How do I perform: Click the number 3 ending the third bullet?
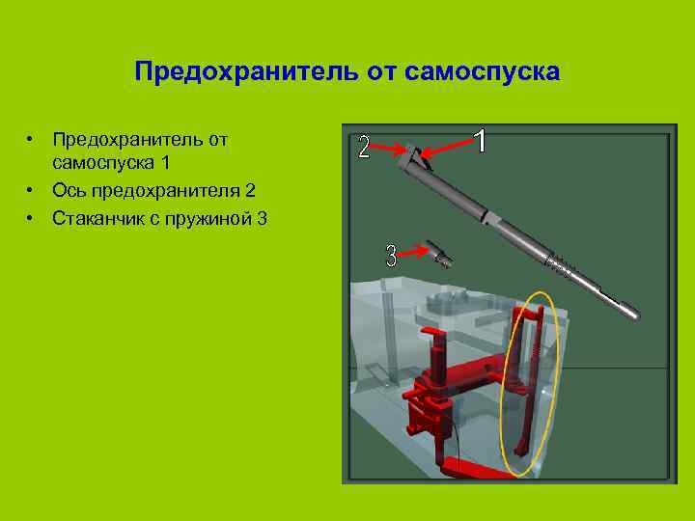pyautogui.click(x=263, y=218)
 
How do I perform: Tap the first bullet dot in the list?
pyautogui.click(x=32, y=140)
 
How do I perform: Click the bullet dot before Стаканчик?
pyautogui.click(x=32, y=218)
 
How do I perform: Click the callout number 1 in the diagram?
pyautogui.click(x=479, y=141)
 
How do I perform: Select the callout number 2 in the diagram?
pyautogui.click(x=363, y=147)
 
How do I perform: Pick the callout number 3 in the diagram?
pyautogui.click(x=391, y=256)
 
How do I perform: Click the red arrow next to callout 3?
pyautogui.click(x=417, y=251)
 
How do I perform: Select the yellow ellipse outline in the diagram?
pyautogui.click(x=502, y=386)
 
